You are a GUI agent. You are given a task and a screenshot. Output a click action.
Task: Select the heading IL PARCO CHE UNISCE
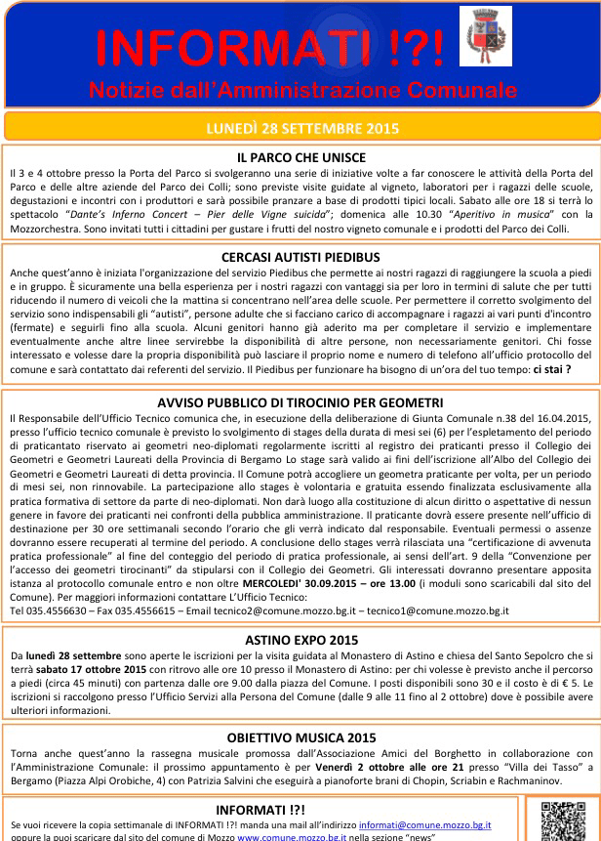coord(300,157)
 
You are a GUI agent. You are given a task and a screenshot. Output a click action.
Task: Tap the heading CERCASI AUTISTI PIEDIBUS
coord(300,257)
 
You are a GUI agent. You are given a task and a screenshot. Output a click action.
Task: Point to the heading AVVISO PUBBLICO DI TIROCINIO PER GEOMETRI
coord(300,401)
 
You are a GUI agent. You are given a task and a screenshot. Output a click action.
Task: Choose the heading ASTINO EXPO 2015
coord(300,640)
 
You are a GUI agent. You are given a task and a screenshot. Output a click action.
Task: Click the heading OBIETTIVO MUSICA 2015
coord(300,739)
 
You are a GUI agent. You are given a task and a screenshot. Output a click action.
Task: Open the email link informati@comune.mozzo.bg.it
coord(424,825)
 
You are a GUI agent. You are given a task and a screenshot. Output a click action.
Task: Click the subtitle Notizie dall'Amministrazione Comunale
coord(300,90)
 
